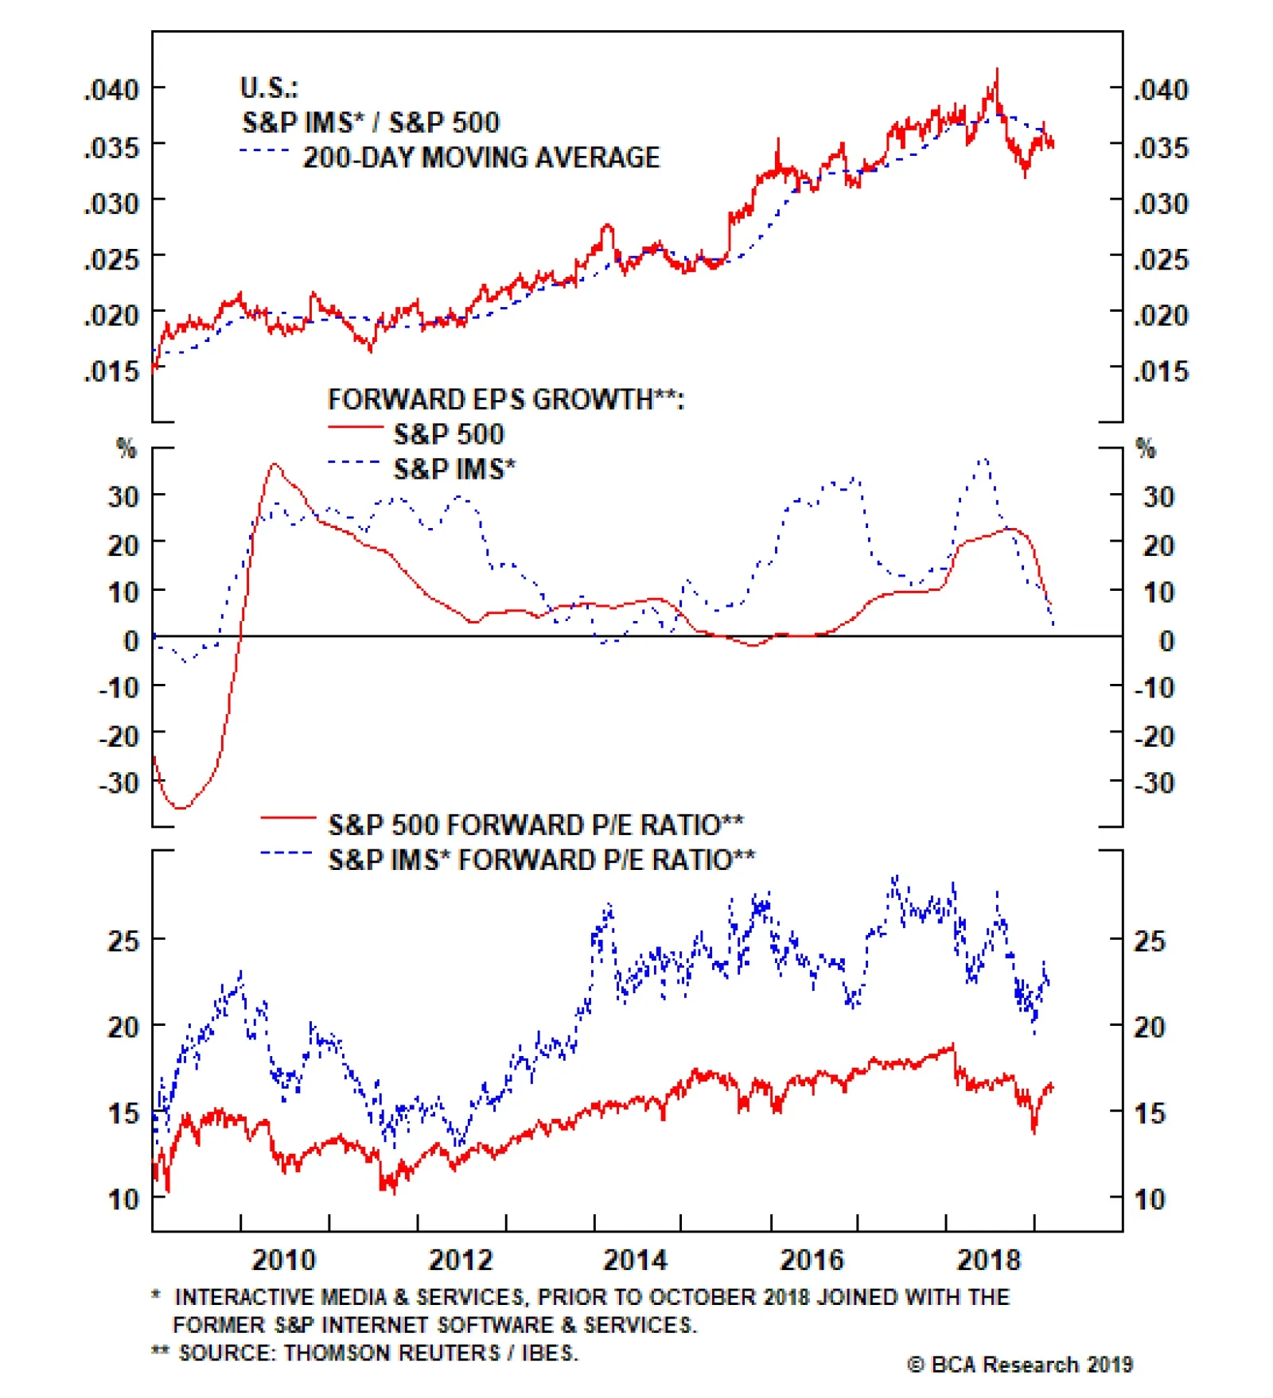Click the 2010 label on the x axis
coord(283,1260)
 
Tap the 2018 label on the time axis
coord(988,1260)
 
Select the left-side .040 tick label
coord(112,90)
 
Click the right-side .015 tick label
coord(1160,371)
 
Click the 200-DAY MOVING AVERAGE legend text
coord(481,157)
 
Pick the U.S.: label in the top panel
coord(269,87)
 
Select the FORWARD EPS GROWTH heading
coord(505,399)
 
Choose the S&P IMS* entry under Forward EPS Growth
coord(454,469)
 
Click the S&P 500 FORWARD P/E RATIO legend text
coord(535,825)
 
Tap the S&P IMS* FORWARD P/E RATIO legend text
coord(541,860)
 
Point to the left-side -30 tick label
coord(119,783)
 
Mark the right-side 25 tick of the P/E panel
coord(1150,942)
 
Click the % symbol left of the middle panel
coord(127,449)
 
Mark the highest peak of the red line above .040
coord(997,70)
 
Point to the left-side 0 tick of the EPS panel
coord(131,640)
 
